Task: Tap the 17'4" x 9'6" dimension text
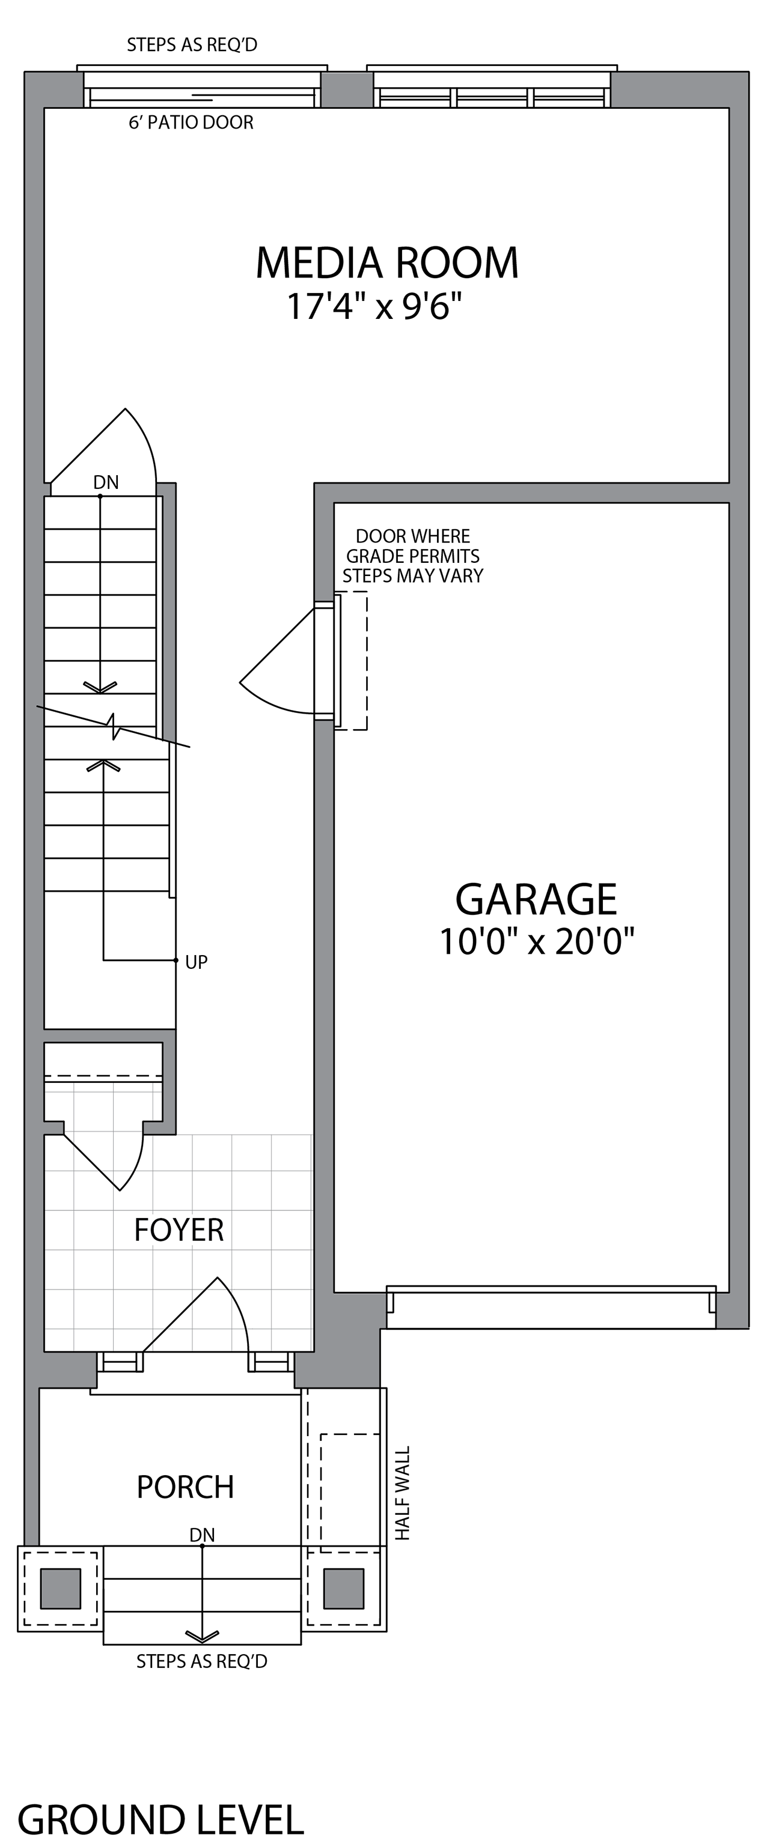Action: tap(374, 306)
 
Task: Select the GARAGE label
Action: tap(536, 899)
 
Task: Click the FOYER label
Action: tap(179, 1230)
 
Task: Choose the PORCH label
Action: tap(186, 1487)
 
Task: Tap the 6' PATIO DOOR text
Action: tap(191, 123)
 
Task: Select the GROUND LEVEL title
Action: tap(160, 1814)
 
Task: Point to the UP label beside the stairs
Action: tap(196, 963)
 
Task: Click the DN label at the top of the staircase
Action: tap(106, 482)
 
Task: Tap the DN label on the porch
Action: tap(202, 1535)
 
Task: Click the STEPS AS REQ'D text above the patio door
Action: tap(192, 45)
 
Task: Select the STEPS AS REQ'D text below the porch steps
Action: tap(202, 1661)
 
